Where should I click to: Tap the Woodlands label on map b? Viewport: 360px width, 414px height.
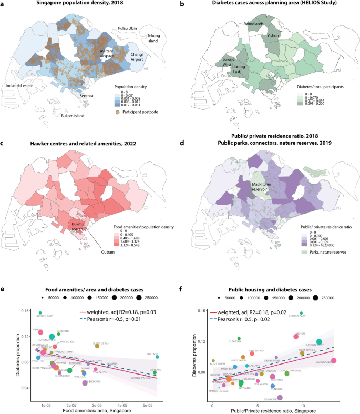(x=254, y=24)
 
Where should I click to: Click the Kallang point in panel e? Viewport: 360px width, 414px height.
(x=157, y=357)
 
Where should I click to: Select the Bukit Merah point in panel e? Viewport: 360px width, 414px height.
(x=97, y=346)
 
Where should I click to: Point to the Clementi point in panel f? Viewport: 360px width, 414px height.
(x=239, y=338)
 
